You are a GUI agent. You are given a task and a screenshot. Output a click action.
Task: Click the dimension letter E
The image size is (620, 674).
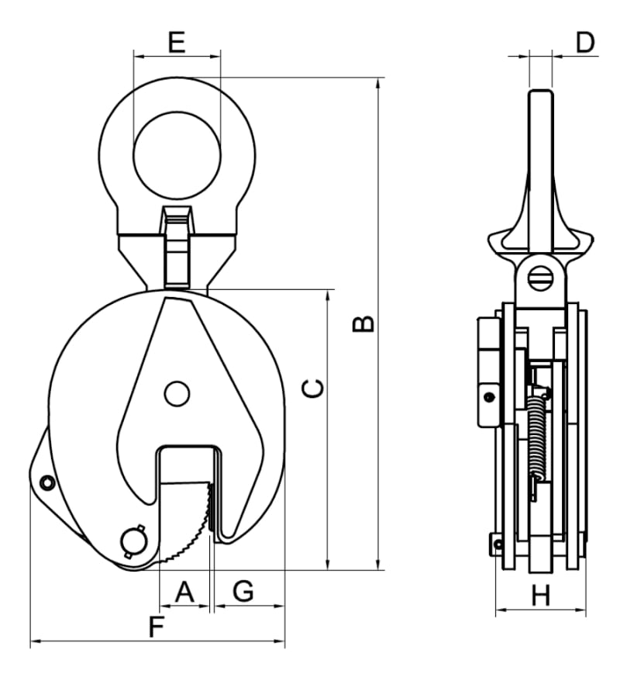pyautogui.click(x=177, y=42)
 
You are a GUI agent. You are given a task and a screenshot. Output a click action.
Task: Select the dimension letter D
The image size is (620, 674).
pyautogui.click(x=585, y=43)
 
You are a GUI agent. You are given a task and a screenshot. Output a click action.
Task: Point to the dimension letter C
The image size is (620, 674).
pyautogui.click(x=313, y=389)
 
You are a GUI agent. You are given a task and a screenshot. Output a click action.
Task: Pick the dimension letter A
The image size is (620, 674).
pyautogui.click(x=184, y=592)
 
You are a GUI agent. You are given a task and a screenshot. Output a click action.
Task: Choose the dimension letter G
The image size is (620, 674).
pyautogui.click(x=243, y=591)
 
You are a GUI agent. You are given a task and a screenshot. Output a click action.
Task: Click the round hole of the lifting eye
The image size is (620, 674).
pyautogui.click(x=177, y=155)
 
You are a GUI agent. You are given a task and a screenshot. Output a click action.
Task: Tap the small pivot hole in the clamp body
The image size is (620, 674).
pyautogui.click(x=177, y=394)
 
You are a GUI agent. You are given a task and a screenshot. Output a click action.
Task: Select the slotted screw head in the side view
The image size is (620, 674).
pyautogui.click(x=540, y=278)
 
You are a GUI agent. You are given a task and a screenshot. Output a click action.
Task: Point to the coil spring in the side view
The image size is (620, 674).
pyautogui.click(x=536, y=439)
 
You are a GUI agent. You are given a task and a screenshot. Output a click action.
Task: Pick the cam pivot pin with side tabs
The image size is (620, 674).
pyautogui.click(x=133, y=541)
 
